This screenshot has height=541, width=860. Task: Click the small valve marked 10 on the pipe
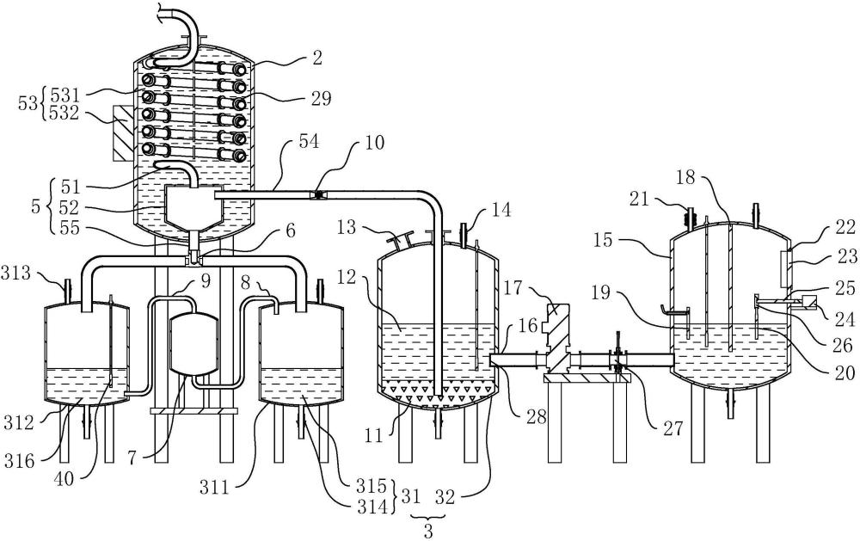point(318,195)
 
